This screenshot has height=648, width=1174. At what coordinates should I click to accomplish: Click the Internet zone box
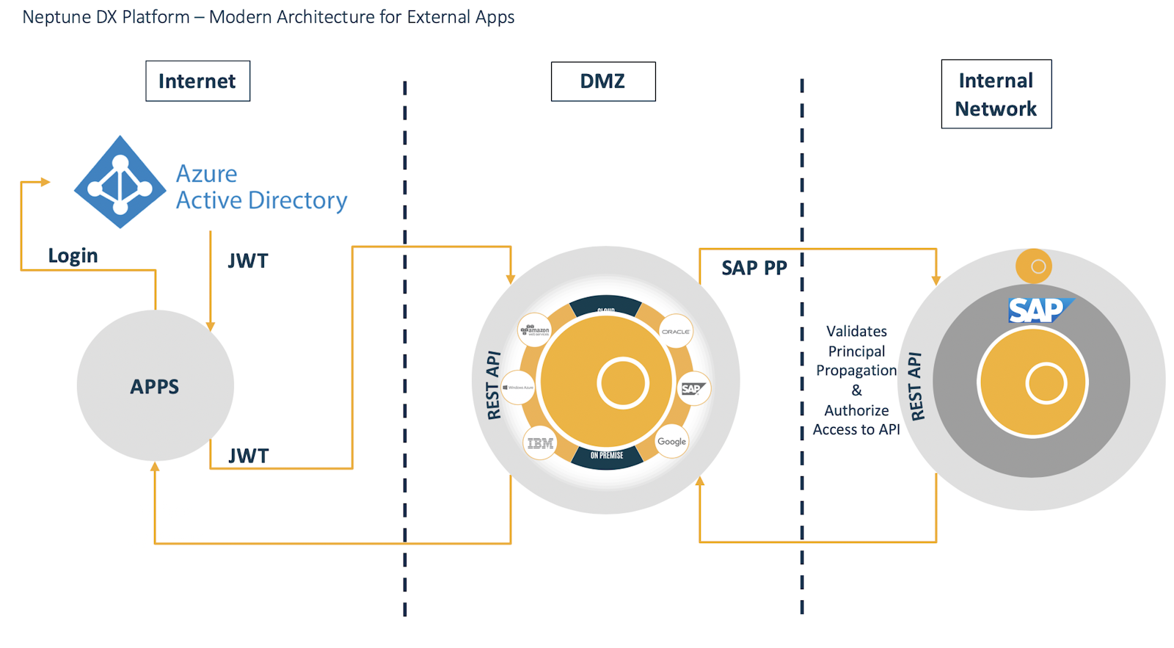click(x=197, y=81)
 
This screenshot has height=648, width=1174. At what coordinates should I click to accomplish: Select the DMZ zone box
click(x=602, y=81)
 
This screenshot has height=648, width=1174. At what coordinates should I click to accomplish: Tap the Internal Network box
click(x=996, y=94)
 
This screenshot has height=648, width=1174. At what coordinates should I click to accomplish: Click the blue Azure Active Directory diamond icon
click(x=120, y=182)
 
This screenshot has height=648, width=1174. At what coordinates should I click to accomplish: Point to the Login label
click(x=73, y=255)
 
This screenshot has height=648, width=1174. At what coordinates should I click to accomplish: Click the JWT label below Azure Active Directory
click(x=248, y=261)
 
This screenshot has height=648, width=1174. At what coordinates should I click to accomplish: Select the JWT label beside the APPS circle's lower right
click(x=248, y=456)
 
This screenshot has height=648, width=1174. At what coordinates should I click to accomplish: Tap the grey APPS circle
click(x=155, y=386)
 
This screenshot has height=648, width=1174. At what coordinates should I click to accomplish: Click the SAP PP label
click(x=754, y=268)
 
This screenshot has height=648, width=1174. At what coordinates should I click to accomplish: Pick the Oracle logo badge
click(x=675, y=332)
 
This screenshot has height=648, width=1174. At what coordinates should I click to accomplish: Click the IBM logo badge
click(x=540, y=443)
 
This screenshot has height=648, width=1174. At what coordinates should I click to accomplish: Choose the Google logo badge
click(x=671, y=442)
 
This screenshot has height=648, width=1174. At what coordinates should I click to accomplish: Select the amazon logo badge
click(x=535, y=330)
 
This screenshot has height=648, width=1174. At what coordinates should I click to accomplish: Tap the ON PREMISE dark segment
click(x=607, y=456)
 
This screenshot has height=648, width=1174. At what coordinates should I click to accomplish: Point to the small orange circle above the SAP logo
click(x=1034, y=266)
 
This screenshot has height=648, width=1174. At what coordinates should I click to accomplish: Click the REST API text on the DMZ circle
click(x=493, y=385)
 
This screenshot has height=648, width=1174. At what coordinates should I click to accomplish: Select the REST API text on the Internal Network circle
click(x=916, y=387)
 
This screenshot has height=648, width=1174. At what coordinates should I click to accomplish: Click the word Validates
click(x=856, y=332)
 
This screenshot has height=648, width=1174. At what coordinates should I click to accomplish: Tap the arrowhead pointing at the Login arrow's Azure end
click(x=45, y=182)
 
